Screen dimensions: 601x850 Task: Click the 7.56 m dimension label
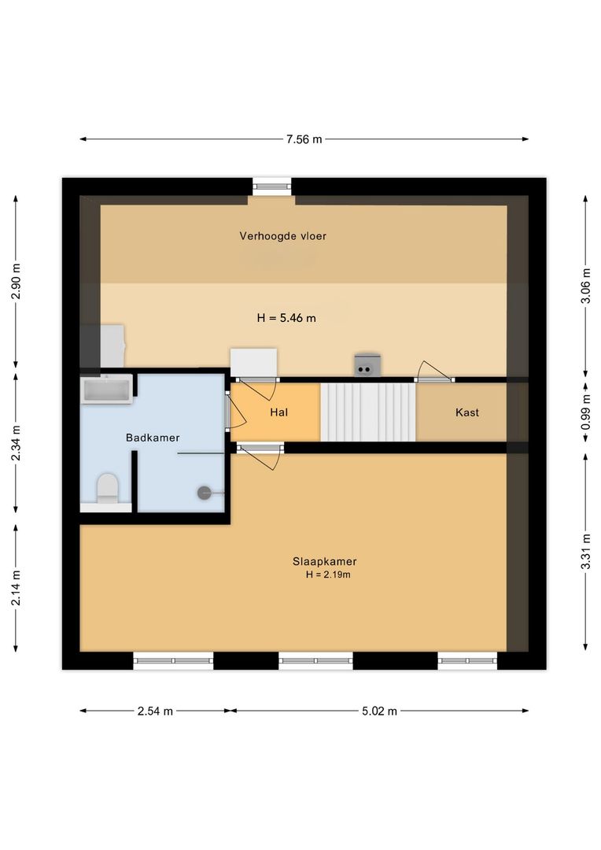(x=304, y=139)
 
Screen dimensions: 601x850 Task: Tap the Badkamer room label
(x=153, y=438)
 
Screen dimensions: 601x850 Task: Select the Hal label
(x=278, y=412)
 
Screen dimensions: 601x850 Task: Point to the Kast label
(x=467, y=412)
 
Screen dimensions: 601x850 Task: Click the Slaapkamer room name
(x=325, y=562)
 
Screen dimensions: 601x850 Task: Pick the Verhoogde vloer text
(x=283, y=236)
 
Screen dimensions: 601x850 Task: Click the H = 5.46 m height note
(x=286, y=318)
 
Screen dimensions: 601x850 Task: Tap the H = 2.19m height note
(x=328, y=575)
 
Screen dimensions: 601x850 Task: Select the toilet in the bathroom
(x=107, y=488)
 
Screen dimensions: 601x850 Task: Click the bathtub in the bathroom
(x=106, y=389)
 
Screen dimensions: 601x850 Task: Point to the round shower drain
(x=204, y=493)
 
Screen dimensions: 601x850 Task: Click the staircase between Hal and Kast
(x=368, y=412)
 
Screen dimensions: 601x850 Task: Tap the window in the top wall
(x=272, y=187)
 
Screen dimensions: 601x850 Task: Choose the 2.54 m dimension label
(x=155, y=711)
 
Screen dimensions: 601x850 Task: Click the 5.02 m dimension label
(x=379, y=711)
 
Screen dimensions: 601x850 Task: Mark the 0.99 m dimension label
(x=586, y=412)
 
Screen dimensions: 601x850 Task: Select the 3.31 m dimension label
(x=586, y=552)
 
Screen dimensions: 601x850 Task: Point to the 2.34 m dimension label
(x=16, y=443)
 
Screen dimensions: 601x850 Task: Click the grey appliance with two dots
(x=367, y=365)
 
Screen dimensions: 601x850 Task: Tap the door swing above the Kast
(x=433, y=370)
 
